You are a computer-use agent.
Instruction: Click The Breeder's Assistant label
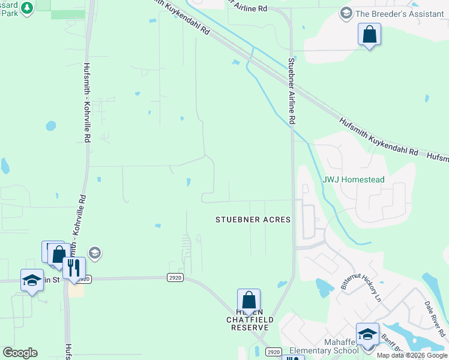[400, 13]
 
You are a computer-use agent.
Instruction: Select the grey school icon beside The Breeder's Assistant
[346, 13]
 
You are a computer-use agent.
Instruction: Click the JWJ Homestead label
[354, 179]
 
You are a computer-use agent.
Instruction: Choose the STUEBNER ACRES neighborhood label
[253, 220]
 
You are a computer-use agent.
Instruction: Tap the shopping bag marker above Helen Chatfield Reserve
[249, 301]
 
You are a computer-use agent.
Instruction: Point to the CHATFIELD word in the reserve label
[250, 320]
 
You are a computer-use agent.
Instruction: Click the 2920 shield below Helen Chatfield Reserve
[273, 352]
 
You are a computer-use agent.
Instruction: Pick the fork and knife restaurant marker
[74, 268]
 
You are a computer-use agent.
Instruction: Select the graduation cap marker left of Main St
[32, 280]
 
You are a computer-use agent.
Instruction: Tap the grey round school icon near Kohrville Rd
[94, 253]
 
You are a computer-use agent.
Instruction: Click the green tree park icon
[26, 7]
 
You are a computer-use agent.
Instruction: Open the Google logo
[20, 353]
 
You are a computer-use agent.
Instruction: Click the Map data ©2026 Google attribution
[412, 355]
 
